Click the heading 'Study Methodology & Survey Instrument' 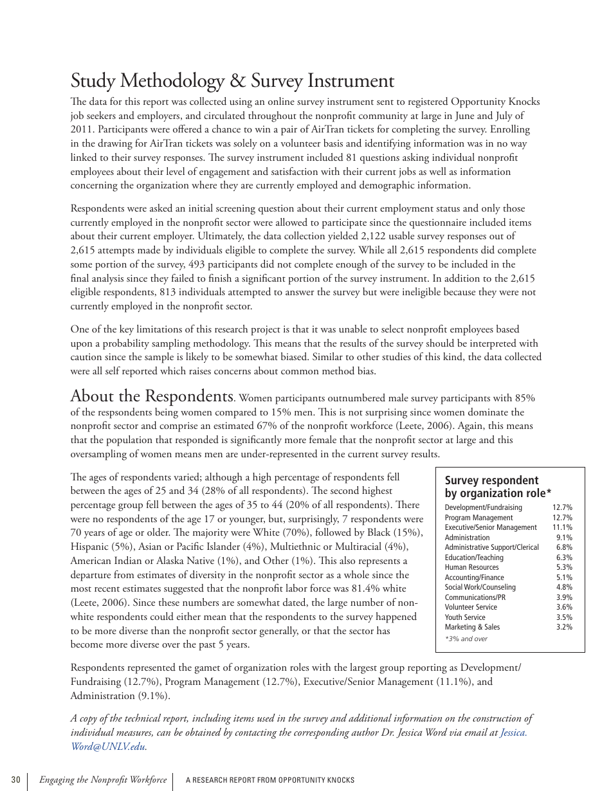point(232,81)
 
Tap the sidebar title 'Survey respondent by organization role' point(498,487)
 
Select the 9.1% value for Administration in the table point(564,538)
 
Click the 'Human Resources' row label point(471,567)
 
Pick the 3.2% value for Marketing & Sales point(564,627)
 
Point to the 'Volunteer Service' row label point(471,607)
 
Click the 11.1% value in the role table point(562,527)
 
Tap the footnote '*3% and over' point(466,639)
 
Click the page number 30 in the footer point(15,780)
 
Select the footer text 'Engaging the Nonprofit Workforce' point(103,780)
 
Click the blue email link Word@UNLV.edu point(107,747)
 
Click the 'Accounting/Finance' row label point(474,577)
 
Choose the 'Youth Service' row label point(465,617)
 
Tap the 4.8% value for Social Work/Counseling point(564,587)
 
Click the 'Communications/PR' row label point(475,597)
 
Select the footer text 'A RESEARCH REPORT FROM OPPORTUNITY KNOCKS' point(270,780)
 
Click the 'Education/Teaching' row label point(474,558)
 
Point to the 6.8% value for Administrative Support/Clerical point(564,547)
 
